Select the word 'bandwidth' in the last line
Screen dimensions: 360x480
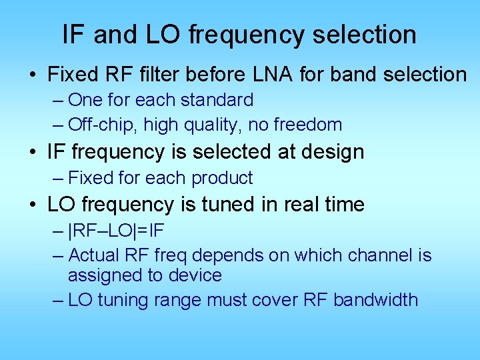(x=375, y=300)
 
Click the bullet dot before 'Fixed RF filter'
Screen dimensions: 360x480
(x=33, y=75)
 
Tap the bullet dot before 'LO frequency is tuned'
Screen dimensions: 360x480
(x=33, y=205)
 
